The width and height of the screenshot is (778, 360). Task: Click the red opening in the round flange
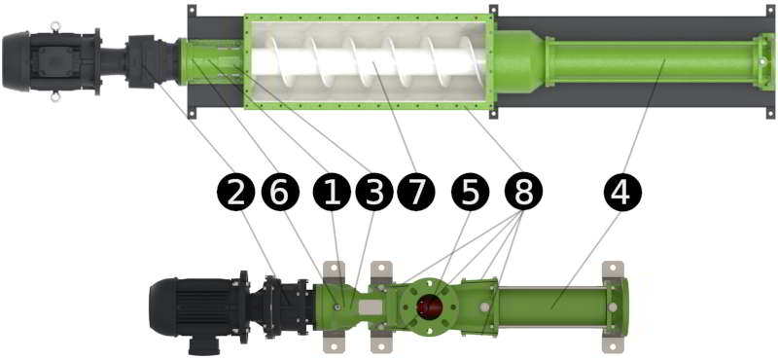point(428,306)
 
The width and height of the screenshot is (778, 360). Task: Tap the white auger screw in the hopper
point(368,61)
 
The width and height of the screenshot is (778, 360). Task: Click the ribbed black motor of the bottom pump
point(198,306)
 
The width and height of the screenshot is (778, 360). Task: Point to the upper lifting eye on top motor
point(55,26)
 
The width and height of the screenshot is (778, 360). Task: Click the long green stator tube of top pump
point(650,61)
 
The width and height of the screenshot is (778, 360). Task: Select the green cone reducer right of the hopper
point(518,61)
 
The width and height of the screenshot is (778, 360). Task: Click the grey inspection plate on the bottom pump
point(371,306)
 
